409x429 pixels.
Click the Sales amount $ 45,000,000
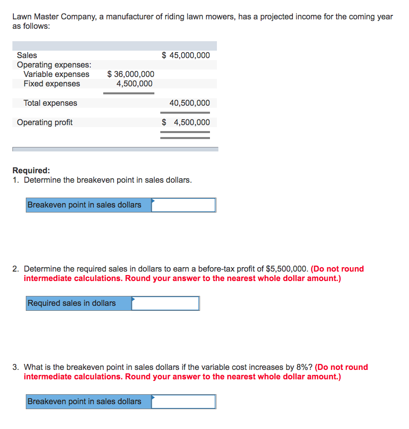point(186,55)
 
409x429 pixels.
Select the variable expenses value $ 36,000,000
point(131,74)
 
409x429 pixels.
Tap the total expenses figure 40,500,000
point(189,103)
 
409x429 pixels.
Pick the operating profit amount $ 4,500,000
point(186,122)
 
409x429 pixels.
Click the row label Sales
point(27,55)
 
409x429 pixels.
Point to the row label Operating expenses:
point(54,65)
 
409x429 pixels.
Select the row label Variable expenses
point(57,74)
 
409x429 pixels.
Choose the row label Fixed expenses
point(52,84)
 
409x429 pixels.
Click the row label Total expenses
point(50,103)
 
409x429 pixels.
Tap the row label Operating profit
point(45,122)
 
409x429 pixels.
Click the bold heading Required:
point(31,170)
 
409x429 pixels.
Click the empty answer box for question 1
point(184,205)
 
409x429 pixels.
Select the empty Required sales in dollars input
point(165,303)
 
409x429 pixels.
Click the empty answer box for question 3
point(184,402)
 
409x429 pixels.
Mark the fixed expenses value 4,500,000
point(135,84)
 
